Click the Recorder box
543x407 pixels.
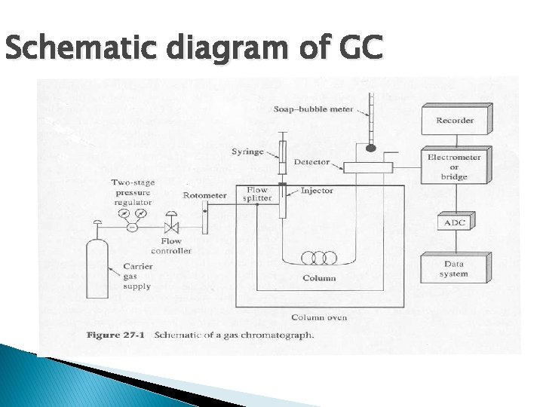coord(455,121)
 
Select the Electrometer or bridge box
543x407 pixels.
coord(454,167)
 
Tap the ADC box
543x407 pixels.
coord(454,224)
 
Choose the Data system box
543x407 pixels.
coord(454,269)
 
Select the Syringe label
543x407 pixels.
coord(247,152)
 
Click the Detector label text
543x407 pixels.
coord(311,162)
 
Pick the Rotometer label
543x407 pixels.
coord(204,196)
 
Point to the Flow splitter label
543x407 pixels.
coord(257,194)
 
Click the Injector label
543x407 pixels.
coord(317,191)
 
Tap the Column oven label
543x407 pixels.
coord(319,317)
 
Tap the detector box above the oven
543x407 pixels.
coord(369,167)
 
